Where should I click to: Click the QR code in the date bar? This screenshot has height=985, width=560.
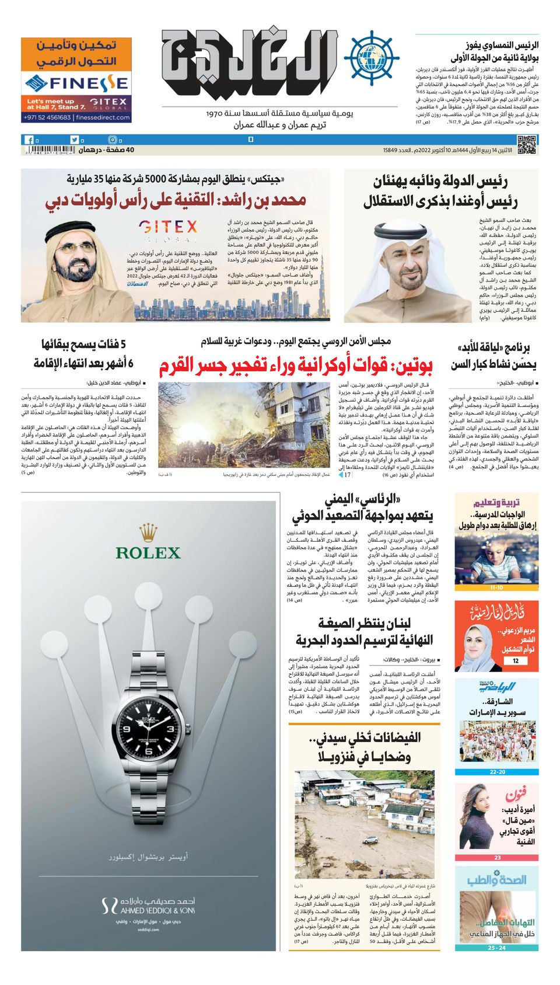526,144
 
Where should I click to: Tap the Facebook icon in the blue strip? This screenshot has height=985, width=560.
29,140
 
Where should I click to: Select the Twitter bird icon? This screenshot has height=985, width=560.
74,140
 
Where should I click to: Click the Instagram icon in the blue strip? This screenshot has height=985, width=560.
113,140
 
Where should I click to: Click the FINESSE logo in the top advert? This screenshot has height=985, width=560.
76,82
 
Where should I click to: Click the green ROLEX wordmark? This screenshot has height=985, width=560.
148,552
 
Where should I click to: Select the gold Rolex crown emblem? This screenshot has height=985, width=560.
148,532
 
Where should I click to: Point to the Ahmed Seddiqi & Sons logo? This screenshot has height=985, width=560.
148,906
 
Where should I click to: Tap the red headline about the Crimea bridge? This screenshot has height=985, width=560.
296,366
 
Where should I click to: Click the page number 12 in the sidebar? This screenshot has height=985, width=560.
515,661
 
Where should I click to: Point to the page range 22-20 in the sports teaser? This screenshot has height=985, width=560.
497,772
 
